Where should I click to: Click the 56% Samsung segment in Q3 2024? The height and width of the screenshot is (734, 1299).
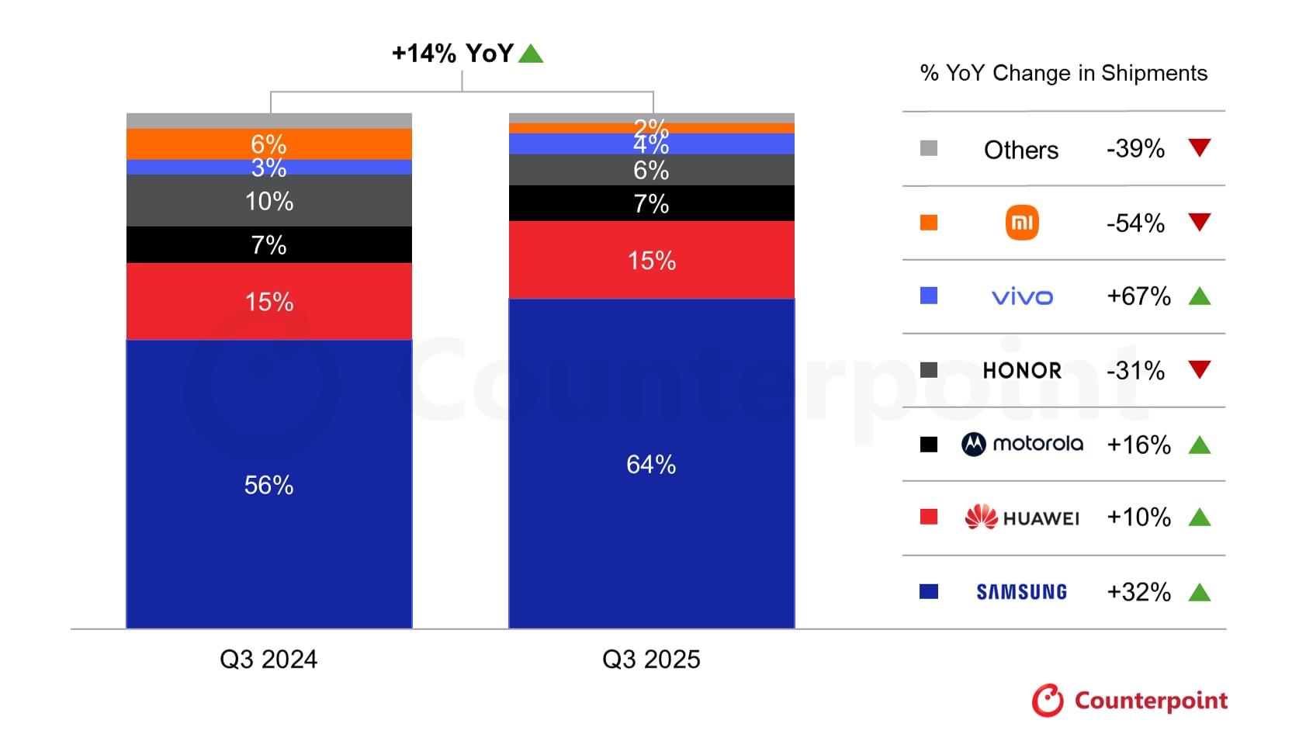(x=268, y=484)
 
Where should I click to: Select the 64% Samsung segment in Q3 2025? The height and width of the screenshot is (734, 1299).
(x=651, y=464)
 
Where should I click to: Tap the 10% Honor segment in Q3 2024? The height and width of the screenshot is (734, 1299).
(x=268, y=201)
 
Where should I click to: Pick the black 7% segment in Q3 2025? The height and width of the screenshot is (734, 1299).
(x=651, y=203)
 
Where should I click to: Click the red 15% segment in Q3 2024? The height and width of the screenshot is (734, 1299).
(x=268, y=301)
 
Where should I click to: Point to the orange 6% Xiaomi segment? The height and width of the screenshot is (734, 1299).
(x=268, y=144)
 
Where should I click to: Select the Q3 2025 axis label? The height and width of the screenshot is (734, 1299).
(x=651, y=660)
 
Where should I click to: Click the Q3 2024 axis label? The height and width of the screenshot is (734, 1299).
(x=268, y=660)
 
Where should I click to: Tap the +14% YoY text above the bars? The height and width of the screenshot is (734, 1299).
(x=452, y=54)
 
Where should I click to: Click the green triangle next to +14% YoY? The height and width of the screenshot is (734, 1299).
(x=531, y=54)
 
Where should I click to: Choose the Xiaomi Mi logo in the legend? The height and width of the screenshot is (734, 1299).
(x=1022, y=223)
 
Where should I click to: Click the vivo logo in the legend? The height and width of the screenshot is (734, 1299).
(x=1022, y=297)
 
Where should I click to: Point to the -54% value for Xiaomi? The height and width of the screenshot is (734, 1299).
(x=1135, y=223)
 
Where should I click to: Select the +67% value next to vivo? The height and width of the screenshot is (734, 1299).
(x=1138, y=296)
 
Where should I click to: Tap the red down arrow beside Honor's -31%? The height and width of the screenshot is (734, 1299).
(x=1199, y=369)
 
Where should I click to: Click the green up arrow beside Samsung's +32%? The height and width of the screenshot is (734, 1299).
(x=1199, y=593)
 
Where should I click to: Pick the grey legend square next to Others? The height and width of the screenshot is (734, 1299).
(x=928, y=148)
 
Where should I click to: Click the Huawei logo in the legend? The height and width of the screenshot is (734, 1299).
(x=1022, y=518)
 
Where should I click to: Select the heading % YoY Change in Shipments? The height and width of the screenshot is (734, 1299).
(x=1063, y=73)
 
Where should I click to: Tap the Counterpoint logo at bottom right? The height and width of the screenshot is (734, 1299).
(x=1129, y=701)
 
